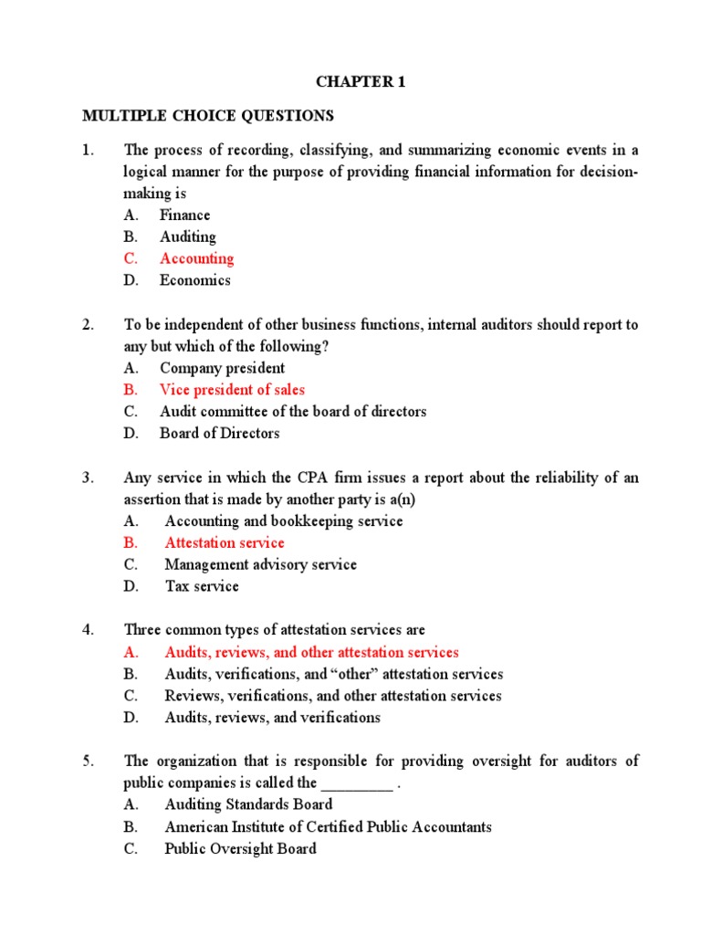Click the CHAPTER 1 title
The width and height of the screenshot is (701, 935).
[360, 82]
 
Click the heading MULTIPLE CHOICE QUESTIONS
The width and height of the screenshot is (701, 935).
[208, 116]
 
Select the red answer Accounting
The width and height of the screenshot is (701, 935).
[196, 258]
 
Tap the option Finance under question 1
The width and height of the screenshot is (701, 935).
[184, 215]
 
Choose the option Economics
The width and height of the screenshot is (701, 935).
[194, 280]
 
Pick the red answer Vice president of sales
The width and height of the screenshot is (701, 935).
[232, 390]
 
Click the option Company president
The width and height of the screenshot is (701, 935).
[222, 368]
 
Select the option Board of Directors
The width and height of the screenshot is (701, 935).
[219, 433]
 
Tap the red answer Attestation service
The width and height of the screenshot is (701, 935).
[225, 542]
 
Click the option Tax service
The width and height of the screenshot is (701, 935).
[201, 586]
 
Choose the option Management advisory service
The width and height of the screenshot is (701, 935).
[260, 564]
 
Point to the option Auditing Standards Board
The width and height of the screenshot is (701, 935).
[248, 804]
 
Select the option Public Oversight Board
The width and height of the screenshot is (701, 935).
[240, 848]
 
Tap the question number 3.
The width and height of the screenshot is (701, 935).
[88, 478]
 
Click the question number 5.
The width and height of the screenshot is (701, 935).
[88, 761]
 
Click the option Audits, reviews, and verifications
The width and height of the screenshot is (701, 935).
[272, 718]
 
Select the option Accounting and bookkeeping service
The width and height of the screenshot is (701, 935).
[283, 520]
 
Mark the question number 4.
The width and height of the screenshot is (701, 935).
[88, 630]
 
